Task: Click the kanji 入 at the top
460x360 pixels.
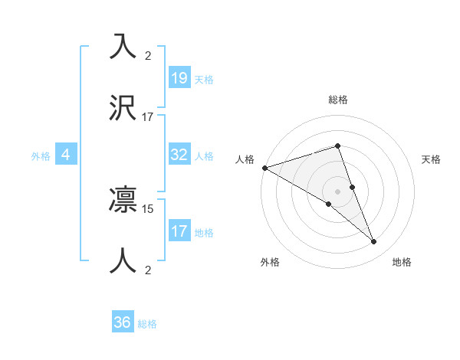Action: click(x=123, y=46)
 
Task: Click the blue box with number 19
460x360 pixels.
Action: click(x=179, y=77)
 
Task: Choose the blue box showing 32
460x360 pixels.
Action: click(x=179, y=155)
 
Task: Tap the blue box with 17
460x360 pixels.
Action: click(x=179, y=231)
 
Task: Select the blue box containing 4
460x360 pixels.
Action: click(x=66, y=155)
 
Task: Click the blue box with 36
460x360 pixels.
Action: click(x=123, y=322)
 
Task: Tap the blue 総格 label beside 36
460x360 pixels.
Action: click(x=147, y=324)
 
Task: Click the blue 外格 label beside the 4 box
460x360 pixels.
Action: click(x=41, y=155)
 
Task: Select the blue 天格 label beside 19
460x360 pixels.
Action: click(x=204, y=79)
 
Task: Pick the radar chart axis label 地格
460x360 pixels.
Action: click(x=402, y=262)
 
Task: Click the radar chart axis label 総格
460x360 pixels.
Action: click(x=338, y=100)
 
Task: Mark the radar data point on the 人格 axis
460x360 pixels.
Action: click(x=264, y=168)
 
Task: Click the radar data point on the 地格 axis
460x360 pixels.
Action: click(x=374, y=242)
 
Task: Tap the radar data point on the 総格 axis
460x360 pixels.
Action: click(x=337, y=146)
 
